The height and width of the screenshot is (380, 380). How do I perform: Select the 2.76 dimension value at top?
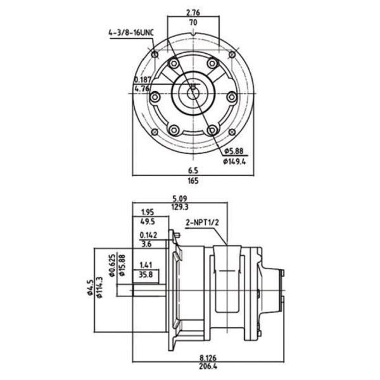pos(193,12)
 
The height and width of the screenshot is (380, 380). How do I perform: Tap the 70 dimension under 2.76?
pos(193,22)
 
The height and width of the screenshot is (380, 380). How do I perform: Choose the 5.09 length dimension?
pos(180,197)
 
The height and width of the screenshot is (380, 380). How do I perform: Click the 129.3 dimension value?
pos(180,206)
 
